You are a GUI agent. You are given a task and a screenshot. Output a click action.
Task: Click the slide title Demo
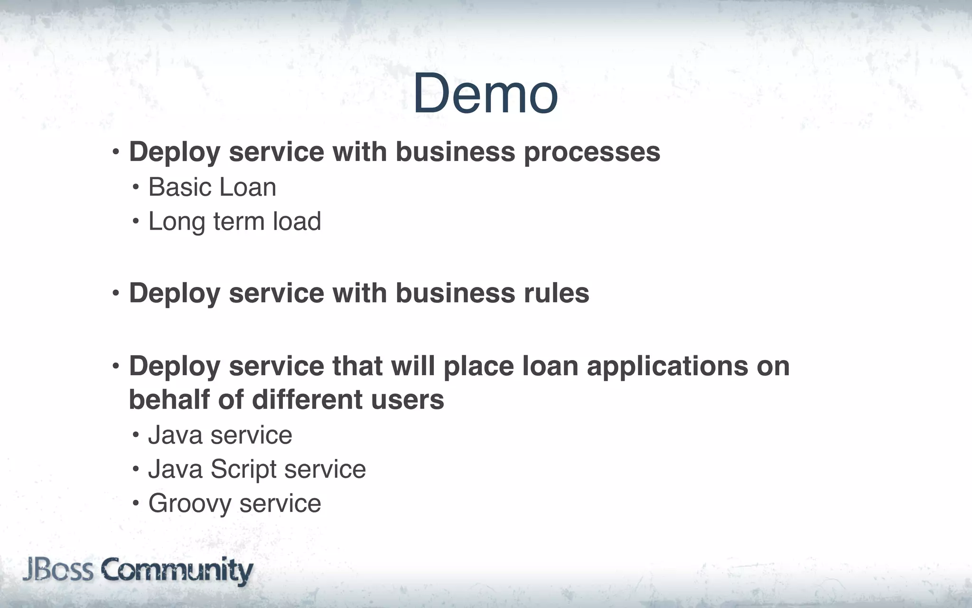pos(485,94)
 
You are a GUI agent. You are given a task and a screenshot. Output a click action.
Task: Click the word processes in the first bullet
pos(592,152)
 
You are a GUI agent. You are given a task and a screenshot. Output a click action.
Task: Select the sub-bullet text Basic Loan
pos(212,187)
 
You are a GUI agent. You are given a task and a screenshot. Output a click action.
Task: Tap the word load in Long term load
pos(297,221)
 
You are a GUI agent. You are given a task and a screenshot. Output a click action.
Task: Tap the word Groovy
pos(189,504)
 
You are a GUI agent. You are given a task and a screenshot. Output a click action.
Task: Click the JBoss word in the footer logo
pos(58,570)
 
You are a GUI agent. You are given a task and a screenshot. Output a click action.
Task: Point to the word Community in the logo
pos(177,571)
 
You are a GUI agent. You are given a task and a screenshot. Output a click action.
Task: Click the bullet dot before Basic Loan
pos(136,188)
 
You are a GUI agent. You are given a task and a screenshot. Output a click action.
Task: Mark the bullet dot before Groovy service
pos(136,503)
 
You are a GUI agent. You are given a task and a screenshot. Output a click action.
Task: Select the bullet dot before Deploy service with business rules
pos(116,294)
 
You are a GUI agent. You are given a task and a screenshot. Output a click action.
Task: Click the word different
pos(307,399)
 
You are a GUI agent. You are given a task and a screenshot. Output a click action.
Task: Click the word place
pos(478,366)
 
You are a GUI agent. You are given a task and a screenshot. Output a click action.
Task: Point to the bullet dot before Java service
pos(136,435)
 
